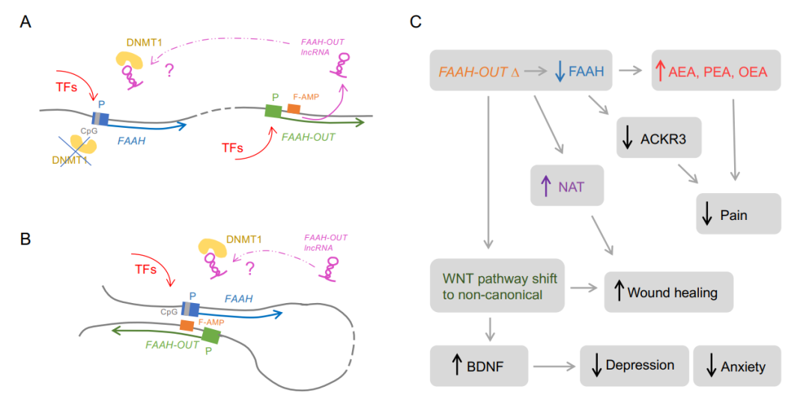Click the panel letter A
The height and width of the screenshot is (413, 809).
click(25, 22)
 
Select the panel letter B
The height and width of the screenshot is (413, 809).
click(25, 239)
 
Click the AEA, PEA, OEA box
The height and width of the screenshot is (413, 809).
click(716, 71)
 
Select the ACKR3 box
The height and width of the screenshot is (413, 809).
click(659, 137)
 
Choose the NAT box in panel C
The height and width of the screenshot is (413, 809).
click(567, 185)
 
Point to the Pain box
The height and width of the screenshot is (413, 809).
click(739, 214)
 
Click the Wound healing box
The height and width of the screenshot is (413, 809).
click(668, 292)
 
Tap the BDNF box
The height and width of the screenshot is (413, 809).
click(479, 366)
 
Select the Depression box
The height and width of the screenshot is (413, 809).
click(634, 366)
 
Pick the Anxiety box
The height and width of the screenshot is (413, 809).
click(737, 366)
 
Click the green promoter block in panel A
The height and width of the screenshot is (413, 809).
click(273, 111)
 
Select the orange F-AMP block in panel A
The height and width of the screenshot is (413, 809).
click(294, 109)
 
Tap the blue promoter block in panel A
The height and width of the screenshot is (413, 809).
click(100, 118)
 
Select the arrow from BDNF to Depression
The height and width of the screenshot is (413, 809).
click(554, 367)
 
